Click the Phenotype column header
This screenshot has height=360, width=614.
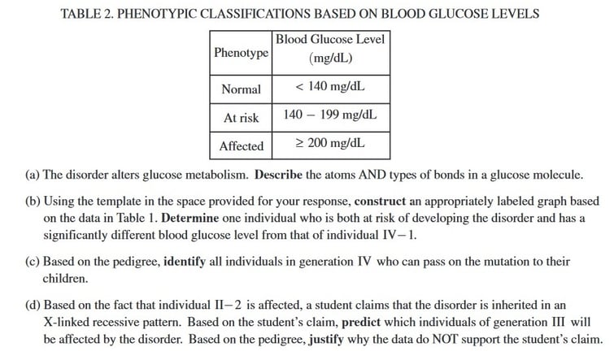[241, 53]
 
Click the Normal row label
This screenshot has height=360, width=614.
[241, 89]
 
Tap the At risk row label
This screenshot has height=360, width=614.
[241, 118]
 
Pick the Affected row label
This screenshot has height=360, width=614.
[242, 146]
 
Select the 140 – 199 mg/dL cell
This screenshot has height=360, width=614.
[330, 116]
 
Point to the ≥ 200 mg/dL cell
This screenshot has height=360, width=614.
[330, 145]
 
